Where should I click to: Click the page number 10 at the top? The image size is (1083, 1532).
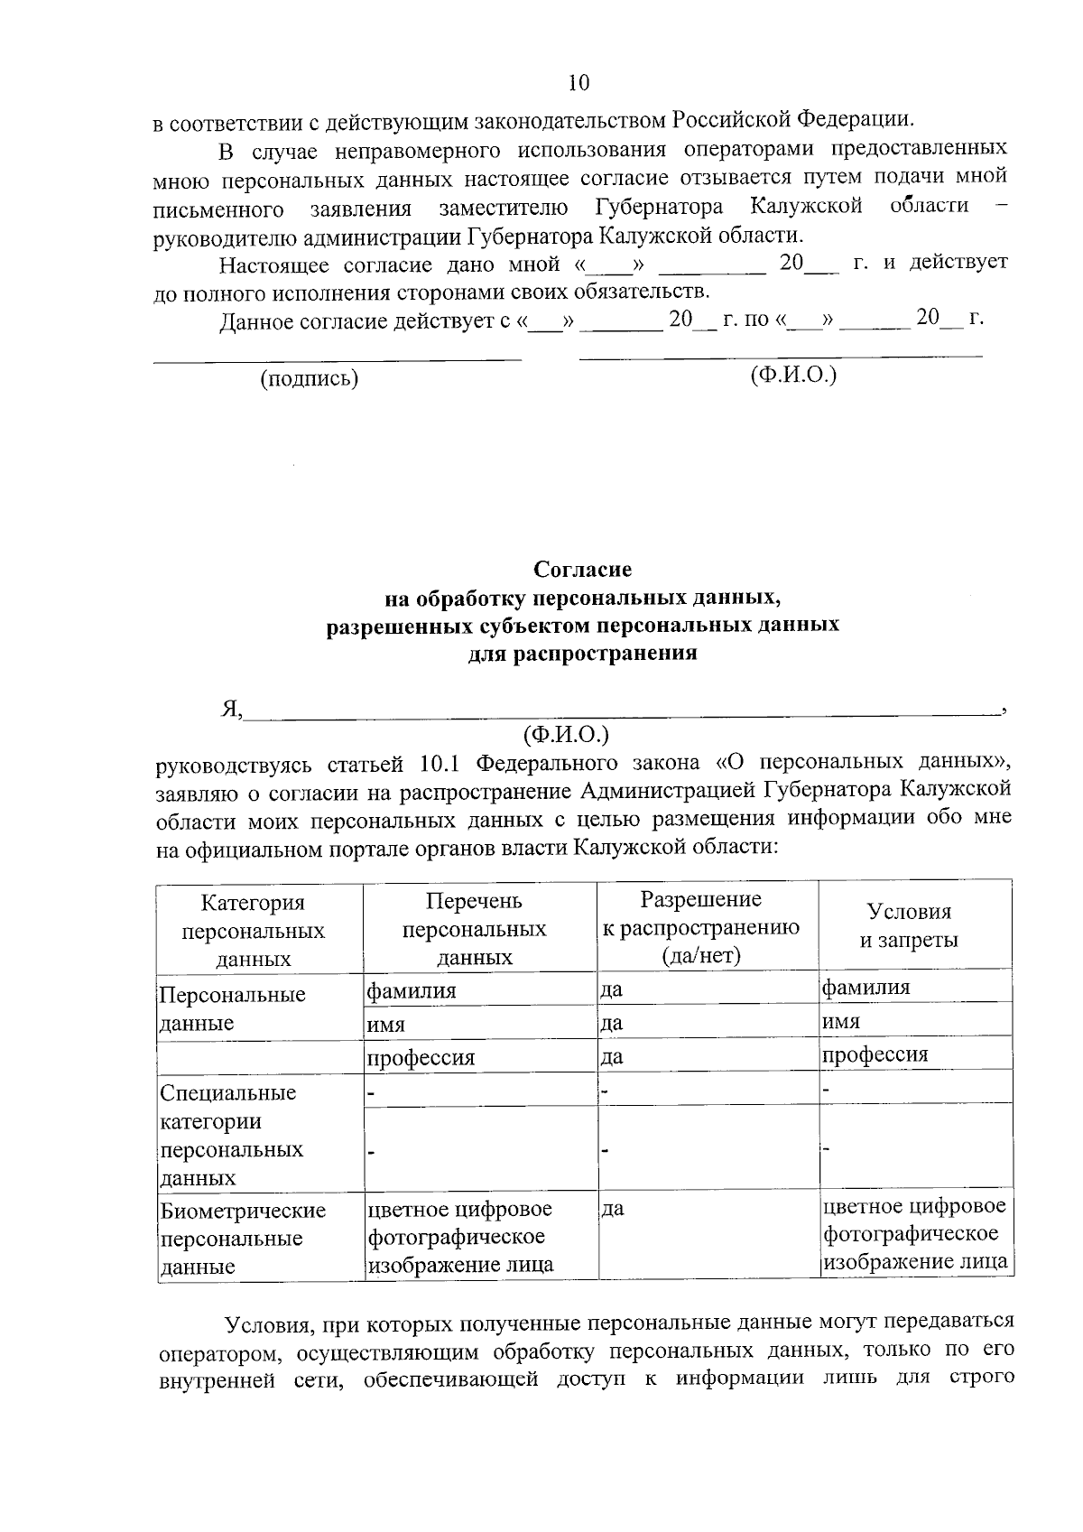[579, 83]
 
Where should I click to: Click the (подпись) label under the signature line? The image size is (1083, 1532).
[310, 378]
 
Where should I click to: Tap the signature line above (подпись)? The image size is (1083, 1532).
[337, 360]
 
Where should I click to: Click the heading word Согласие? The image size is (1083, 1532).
[582, 570]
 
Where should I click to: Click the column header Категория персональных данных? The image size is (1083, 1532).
[254, 930]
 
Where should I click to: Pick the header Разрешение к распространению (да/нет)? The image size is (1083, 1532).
[700, 926]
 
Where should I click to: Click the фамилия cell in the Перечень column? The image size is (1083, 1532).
[412, 990]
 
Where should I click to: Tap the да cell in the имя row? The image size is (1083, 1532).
[613, 1024]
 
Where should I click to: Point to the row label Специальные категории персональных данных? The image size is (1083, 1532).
[231, 1135]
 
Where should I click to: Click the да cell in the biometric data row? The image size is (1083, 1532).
[613, 1209]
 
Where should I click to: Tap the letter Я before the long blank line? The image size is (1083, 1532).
[230, 710]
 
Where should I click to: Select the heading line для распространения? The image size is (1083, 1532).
[582, 653]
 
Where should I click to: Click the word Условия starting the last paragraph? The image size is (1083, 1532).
[268, 1323]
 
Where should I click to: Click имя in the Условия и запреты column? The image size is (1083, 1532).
[841, 1021]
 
